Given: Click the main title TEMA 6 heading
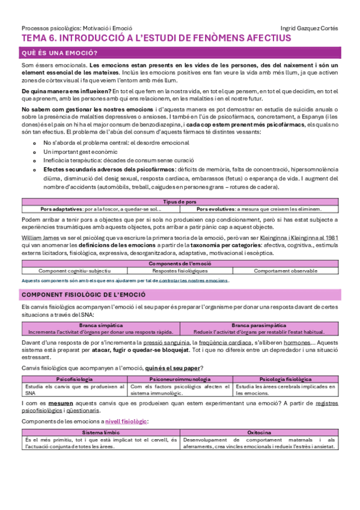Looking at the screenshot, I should click(x=156, y=38).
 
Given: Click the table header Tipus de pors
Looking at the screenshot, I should click(x=179, y=202).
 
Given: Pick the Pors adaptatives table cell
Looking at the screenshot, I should click(x=101, y=209).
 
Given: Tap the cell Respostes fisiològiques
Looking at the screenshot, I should click(x=180, y=271).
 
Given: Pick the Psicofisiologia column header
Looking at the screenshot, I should click(x=74, y=379).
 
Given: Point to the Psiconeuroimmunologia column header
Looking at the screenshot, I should click(x=180, y=379).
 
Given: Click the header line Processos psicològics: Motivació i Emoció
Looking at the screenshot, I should click(x=76, y=28).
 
